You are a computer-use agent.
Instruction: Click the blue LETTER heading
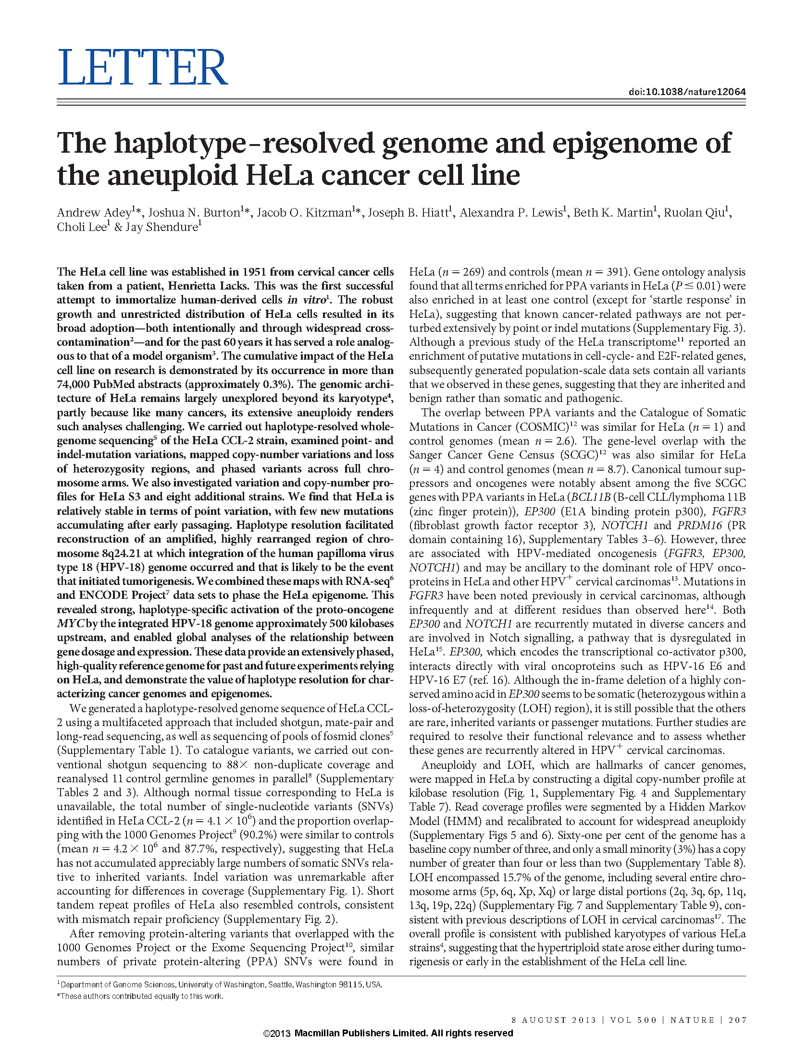coord(142,68)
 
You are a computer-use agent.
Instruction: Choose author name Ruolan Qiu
coord(694,213)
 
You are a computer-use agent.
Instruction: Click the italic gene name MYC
coord(71,623)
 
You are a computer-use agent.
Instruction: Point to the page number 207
coord(737,1020)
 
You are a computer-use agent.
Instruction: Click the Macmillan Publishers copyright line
coord(388,1033)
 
